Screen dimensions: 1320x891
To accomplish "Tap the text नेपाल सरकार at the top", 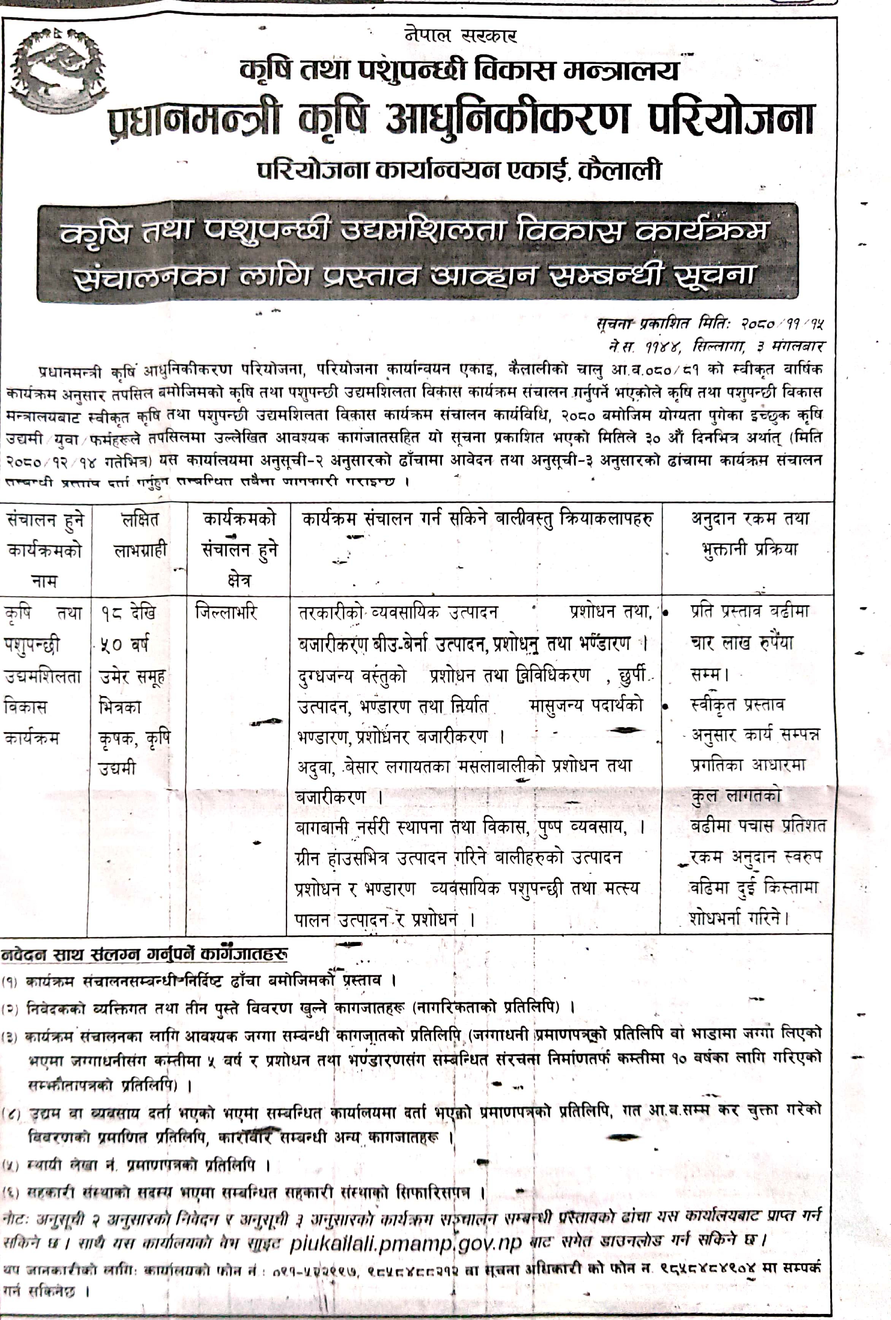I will pyautogui.click(x=461, y=36).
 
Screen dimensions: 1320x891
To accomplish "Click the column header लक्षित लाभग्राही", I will pyautogui.click(x=140, y=535).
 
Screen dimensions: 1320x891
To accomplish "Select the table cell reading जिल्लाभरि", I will pyautogui.click(x=226, y=612).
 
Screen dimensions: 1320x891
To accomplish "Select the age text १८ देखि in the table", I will pyautogui.click(x=128, y=613).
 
